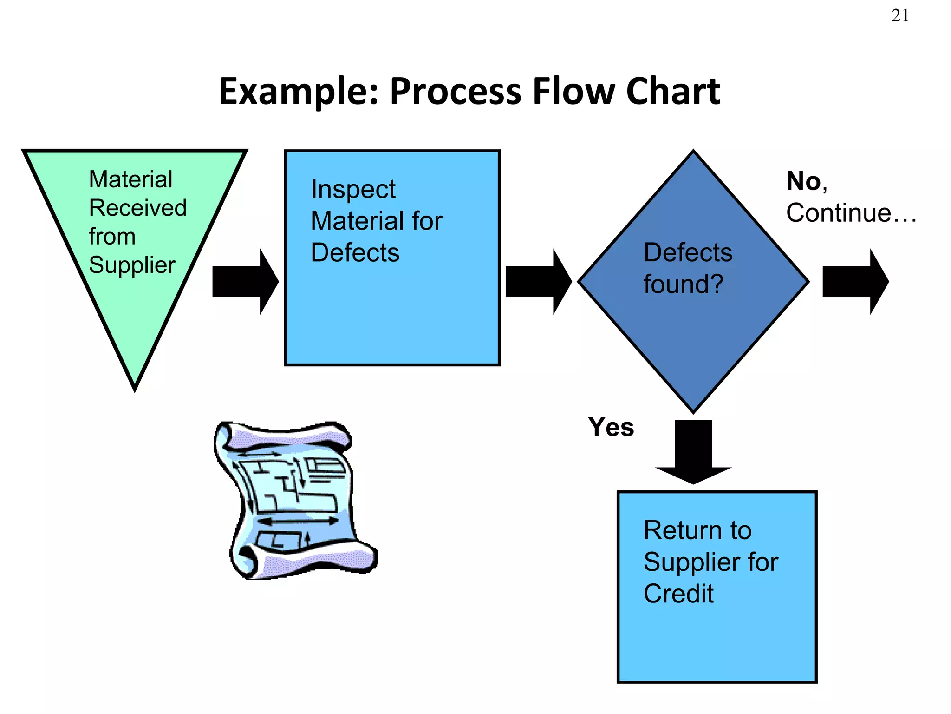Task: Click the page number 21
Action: (x=900, y=16)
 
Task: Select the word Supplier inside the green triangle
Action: (x=132, y=265)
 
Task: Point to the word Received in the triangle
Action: (x=137, y=208)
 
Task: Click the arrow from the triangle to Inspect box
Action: (x=245, y=282)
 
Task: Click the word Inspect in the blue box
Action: (x=353, y=190)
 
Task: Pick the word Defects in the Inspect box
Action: (x=355, y=253)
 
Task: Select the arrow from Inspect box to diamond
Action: (x=538, y=282)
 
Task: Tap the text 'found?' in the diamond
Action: (x=683, y=284)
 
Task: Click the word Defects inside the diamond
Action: (x=688, y=253)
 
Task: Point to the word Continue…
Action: (x=851, y=213)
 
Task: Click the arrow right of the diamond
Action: (x=855, y=282)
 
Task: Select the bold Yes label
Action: (x=611, y=427)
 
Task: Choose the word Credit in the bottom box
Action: (x=678, y=594)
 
